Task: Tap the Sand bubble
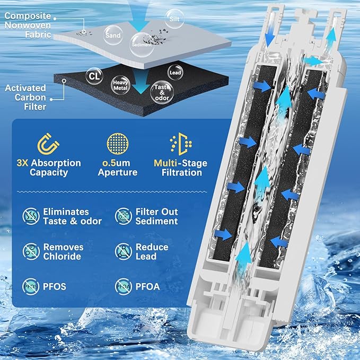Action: [113, 35]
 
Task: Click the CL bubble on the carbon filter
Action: [94, 76]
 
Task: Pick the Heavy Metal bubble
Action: [120, 85]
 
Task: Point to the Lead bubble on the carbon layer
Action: [174, 72]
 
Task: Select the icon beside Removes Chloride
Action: [30, 251]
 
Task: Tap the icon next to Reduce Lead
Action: [123, 251]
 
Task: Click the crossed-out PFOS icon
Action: [30, 287]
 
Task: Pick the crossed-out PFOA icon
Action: [123, 287]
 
